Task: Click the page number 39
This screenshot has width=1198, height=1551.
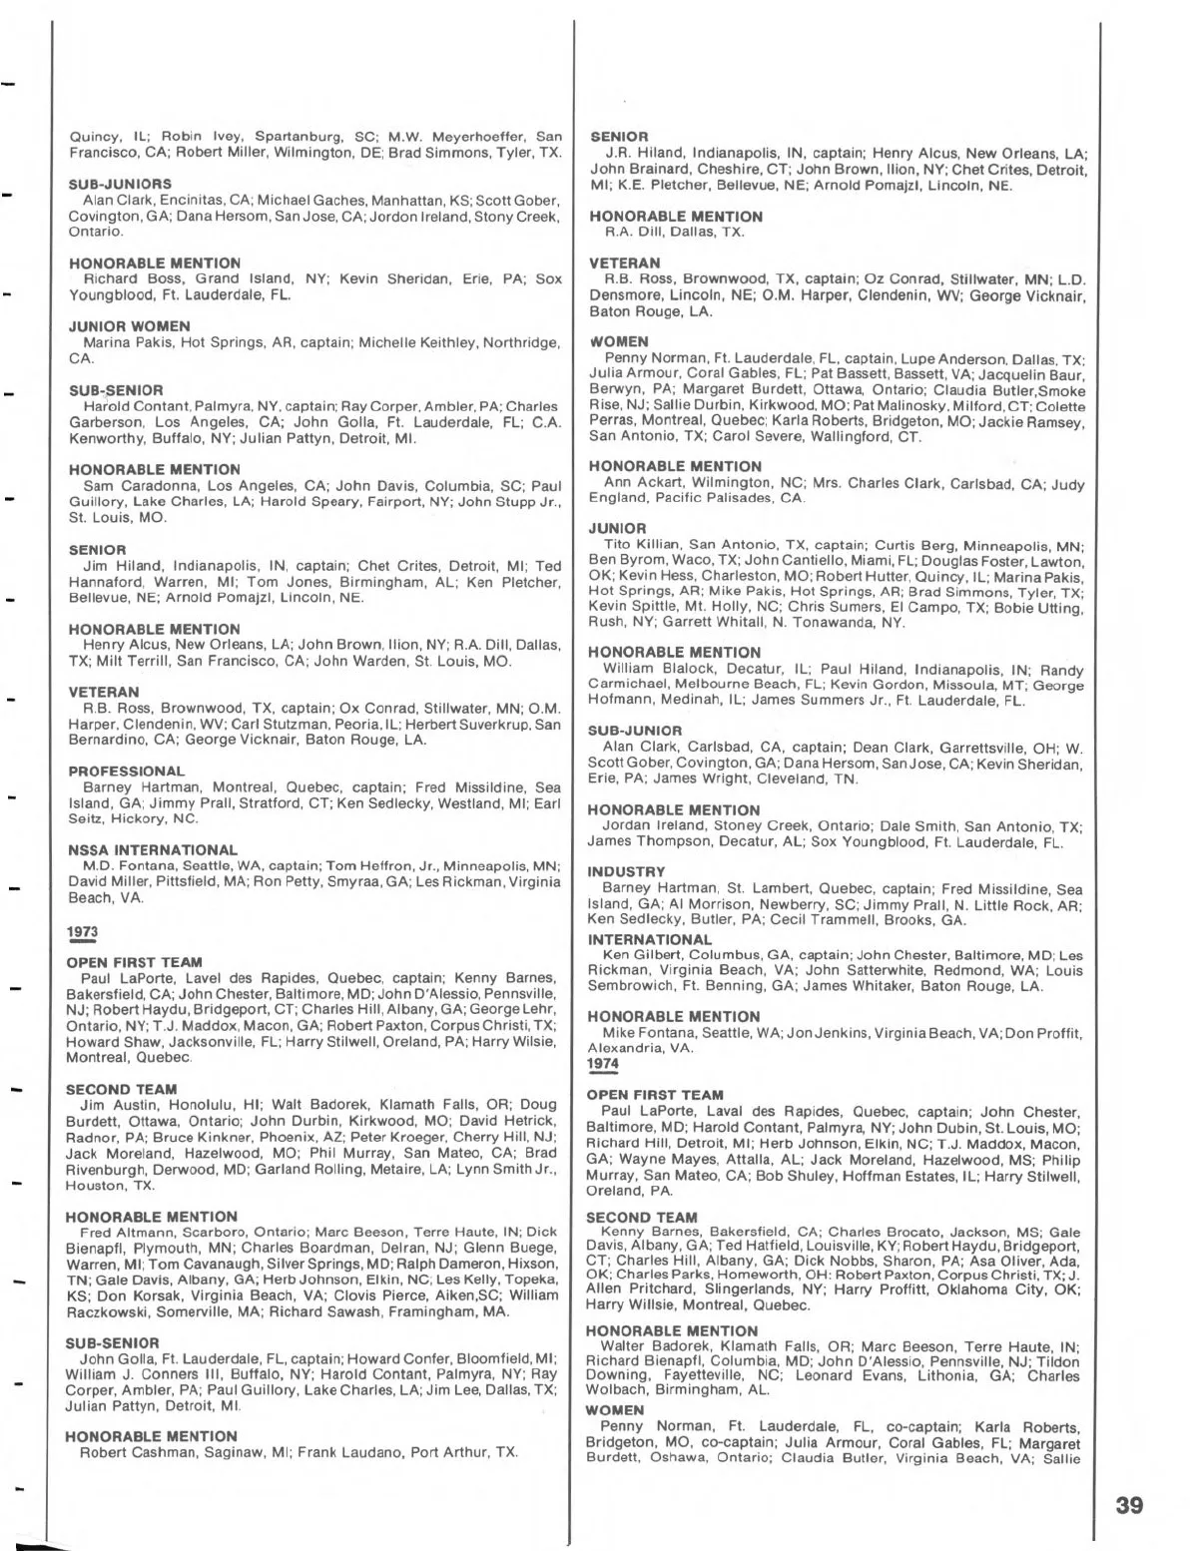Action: pos(1129,1503)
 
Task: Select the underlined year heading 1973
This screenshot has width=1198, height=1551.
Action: pos(82,931)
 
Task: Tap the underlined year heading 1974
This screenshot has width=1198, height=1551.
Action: pos(603,1063)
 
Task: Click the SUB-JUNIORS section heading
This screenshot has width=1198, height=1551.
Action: pos(120,185)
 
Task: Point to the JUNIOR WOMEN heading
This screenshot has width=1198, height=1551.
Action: pos(130,326)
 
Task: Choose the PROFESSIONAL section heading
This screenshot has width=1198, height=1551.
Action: pos(127,771)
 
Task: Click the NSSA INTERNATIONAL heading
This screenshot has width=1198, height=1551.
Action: pos(153,850)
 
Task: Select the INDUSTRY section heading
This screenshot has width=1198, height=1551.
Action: pos(626,871)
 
